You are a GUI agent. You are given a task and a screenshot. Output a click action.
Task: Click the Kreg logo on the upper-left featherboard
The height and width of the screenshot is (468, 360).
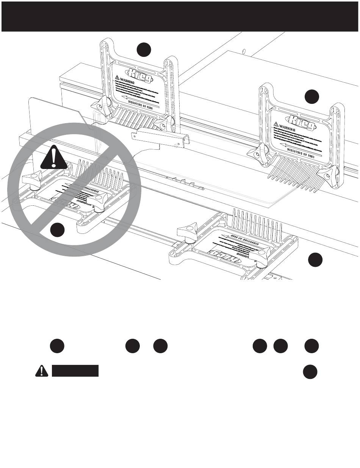(140, 74)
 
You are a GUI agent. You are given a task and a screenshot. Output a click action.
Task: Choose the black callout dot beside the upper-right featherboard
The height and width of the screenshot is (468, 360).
(312, 96)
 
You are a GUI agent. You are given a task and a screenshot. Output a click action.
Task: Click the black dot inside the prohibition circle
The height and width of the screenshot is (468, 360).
(58, 230)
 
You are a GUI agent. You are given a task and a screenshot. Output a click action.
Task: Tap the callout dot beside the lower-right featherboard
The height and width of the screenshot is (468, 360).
(315, 260)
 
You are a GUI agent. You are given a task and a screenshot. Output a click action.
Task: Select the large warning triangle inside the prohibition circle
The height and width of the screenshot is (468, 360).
(54, 158)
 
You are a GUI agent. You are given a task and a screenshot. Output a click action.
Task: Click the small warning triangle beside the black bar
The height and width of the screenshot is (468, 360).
(39, 371)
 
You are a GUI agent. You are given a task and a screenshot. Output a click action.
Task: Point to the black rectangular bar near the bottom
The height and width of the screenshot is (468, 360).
(75, 371)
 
